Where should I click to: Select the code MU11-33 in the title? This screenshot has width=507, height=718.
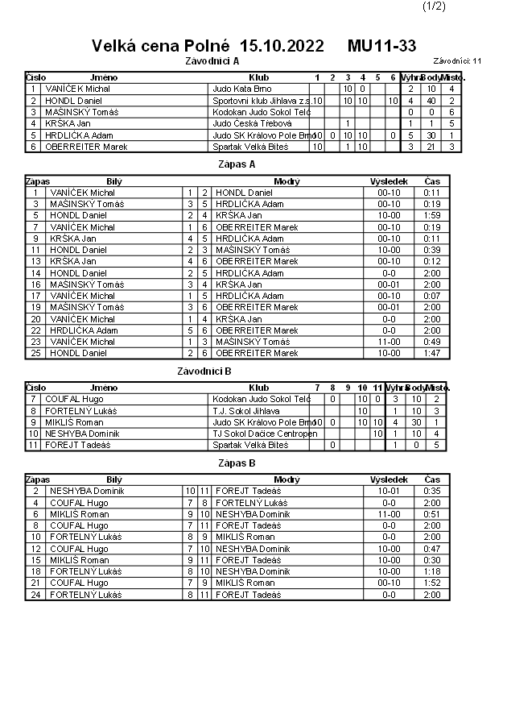point(382,46)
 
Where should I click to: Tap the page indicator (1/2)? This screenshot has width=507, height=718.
point(433,6)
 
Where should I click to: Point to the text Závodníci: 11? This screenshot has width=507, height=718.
point(457,60)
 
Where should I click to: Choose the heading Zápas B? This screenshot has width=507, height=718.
point(237,463)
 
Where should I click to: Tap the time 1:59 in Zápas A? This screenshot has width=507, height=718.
point(431,216)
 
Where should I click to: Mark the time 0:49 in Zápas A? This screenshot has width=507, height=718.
point(431,342)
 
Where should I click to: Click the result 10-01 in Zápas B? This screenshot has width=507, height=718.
point(389,492)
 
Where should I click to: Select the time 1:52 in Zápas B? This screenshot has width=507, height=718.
point(431,583)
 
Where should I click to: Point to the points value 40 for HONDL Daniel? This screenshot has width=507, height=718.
point(431,101)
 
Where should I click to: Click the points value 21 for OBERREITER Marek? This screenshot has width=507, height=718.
point(431,147)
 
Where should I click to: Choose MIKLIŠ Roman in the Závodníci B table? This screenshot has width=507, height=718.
point(74,422)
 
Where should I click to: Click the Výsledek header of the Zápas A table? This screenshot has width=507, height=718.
point(388,181)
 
